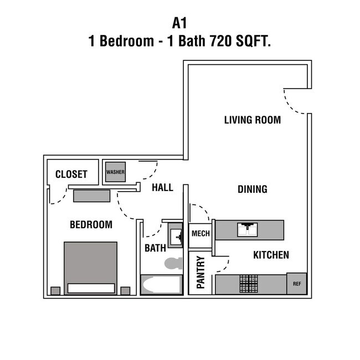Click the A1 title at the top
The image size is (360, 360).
(180, 24)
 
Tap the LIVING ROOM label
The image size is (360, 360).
(252, 120)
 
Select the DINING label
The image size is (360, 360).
(252, 189)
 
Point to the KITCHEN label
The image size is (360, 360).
(271, 255)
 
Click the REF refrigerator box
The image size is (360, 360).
(296, 283)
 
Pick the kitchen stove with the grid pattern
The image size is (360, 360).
(249, 284)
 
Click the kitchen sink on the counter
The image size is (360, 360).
(246, 229)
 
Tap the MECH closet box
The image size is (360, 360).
(200, 233)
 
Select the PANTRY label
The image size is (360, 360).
(200, 272)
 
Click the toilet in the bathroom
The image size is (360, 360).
(174, 263)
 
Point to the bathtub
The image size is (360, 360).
(161, 285)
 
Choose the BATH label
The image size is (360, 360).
(155, 248)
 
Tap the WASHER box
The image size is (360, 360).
(115, 172)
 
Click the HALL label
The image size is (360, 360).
(162, 188)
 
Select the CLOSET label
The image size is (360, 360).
(71, 174)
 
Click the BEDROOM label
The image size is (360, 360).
(91, 224)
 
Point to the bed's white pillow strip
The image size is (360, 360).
(91, 288)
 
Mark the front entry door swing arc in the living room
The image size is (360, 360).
(296, 102)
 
